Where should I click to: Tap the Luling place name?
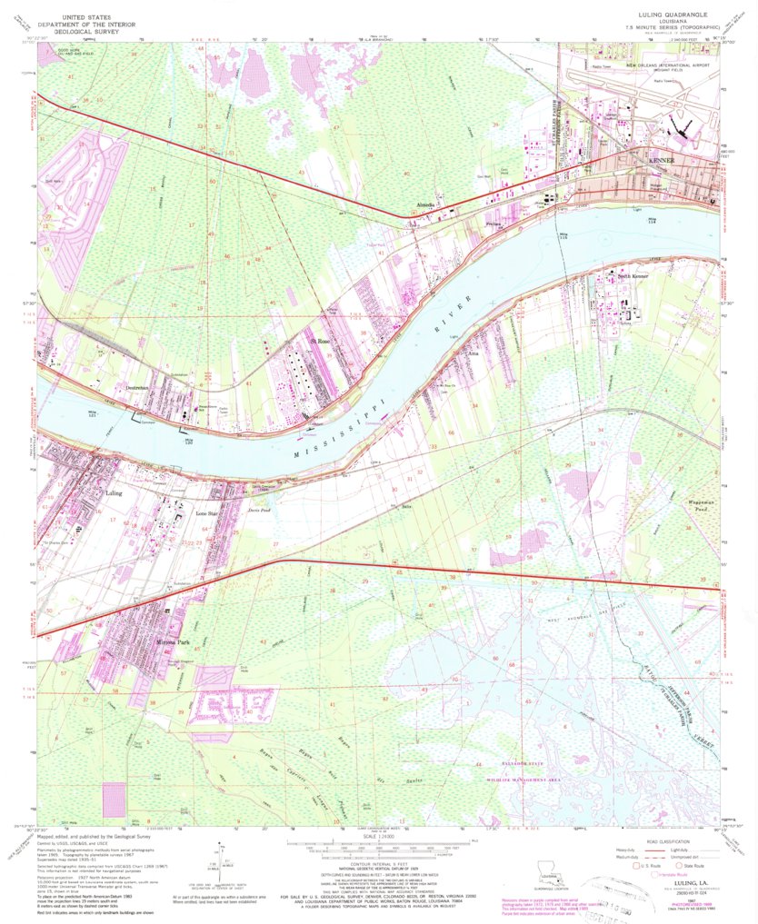point(114,494)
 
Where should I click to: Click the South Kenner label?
point(633,275)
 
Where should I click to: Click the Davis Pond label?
point(261,511)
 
